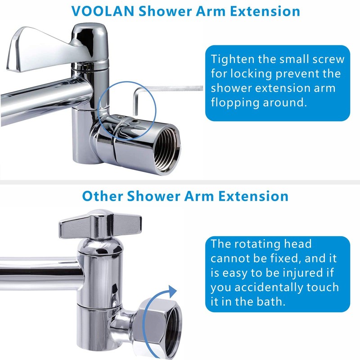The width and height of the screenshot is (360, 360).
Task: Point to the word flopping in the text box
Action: coord(239,102)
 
